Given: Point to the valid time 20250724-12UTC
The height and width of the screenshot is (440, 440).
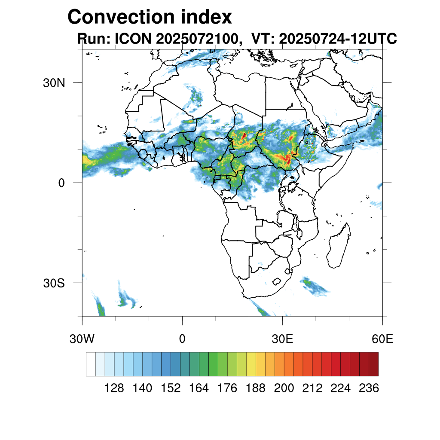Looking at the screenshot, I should (x=338, y=39).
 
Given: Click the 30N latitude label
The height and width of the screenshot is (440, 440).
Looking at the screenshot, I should (x=54, y=82).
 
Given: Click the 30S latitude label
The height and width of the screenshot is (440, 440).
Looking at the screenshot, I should (x=54, y=283).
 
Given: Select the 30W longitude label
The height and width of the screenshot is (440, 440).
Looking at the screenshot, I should (x=82, y=339).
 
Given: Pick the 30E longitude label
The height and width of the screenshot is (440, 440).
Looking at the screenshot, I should (x=282, y=339).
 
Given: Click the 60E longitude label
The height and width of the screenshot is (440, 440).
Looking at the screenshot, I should (x=382, y=339).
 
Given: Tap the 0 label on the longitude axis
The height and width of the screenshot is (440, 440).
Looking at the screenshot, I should (x=182, y=339).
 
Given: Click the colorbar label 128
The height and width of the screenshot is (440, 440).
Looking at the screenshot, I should (x=114, y=388).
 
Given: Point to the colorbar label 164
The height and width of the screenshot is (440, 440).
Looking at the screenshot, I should (x=199, y=388).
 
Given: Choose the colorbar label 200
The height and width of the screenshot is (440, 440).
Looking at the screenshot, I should (x=284, y=388).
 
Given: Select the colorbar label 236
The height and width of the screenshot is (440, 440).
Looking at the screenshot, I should (x=369, y=388).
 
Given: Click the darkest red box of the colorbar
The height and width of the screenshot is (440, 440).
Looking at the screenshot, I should (x=373, y=364).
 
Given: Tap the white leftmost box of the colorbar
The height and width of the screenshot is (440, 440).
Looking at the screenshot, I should (x=91, y=364).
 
